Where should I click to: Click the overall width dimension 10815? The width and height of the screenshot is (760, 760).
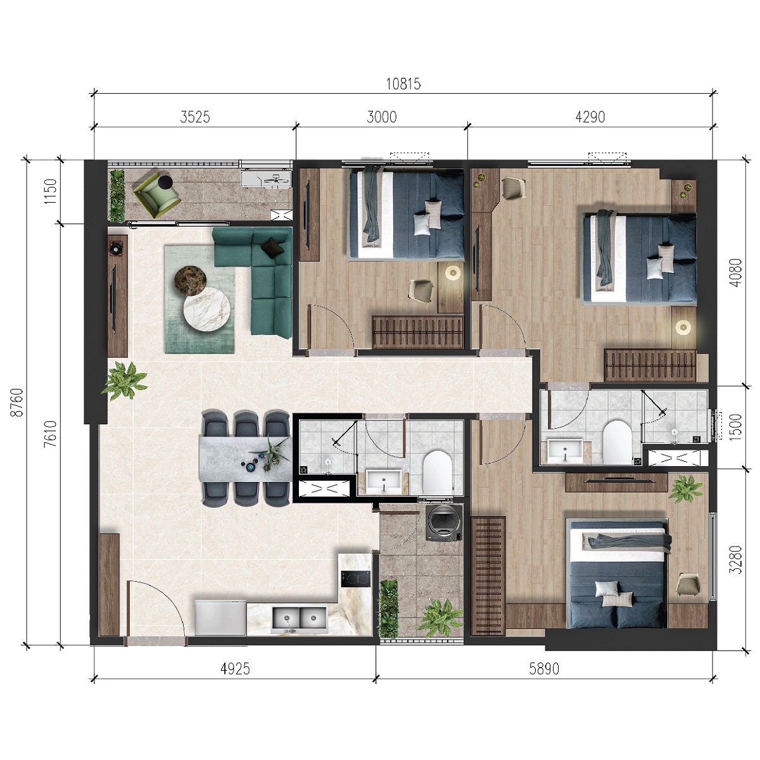[403, 84]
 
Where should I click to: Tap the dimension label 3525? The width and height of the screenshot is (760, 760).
[195, 117]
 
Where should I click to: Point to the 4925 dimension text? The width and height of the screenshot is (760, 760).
[235, 669]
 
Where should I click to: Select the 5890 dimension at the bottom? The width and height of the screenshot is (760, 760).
[544, 669]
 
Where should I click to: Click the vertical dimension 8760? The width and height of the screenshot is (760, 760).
[18, 402]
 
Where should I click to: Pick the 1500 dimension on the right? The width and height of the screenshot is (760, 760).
[735, 427]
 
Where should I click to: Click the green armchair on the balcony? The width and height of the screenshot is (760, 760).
[156, 193]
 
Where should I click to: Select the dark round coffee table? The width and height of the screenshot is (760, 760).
[191, 281]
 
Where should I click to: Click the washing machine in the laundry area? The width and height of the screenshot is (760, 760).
[445, 523]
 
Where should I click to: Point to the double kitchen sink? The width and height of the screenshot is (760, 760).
[299, 620]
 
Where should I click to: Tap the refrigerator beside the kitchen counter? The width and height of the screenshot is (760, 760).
[220, 617]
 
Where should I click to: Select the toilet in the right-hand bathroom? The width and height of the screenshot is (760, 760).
[617, 441]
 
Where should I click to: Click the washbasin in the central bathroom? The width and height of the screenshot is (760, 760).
[383, 481]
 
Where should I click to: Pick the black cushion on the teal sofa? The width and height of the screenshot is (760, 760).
[274, 247]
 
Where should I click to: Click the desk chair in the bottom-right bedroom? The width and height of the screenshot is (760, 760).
[687, 584]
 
